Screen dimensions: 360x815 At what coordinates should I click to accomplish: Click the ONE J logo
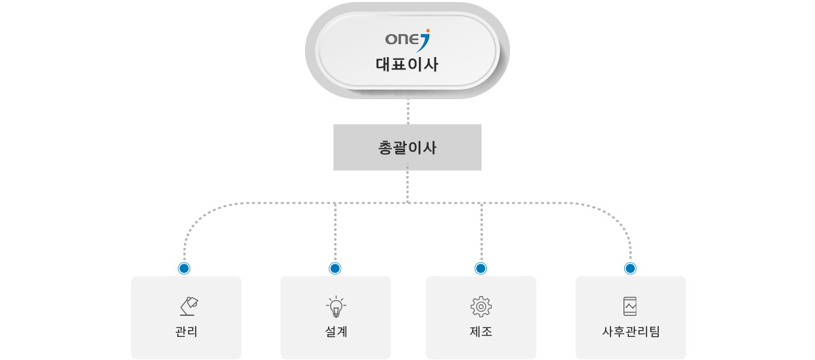click(407, 39)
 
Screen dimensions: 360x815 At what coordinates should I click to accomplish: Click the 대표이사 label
click(407, 65)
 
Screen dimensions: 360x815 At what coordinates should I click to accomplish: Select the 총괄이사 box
click(407, 147)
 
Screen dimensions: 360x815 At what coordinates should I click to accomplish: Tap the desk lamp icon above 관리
click(189, 306)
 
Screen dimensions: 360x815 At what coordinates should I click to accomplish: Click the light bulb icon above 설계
click(336, 307)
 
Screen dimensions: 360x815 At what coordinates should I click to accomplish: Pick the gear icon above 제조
click(481, 306)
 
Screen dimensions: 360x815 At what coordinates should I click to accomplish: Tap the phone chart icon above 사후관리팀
click(630, 306)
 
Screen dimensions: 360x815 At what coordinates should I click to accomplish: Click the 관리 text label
click(186, 332)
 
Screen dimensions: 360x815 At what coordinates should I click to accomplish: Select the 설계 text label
click(336, 332)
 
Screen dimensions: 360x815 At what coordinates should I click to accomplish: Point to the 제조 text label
click(481, 332)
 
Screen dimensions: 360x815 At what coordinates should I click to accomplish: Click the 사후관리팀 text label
click(631, 332)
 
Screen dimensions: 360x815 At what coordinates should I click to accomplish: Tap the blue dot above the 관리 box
click(184, 268)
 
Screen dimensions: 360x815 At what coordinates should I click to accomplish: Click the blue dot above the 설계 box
click(335, 268)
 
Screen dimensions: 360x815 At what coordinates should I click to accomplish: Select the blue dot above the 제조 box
click(481, 268)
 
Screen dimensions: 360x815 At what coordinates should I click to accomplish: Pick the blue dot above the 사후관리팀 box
click(630, 268)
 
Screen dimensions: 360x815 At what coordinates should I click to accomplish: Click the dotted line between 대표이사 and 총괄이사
click(407, 111)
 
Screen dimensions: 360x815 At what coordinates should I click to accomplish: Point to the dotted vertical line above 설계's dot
click(335, 231)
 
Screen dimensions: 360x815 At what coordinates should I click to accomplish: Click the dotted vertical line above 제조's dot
click(481, 231)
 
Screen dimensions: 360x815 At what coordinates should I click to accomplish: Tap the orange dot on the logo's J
click(427, 30)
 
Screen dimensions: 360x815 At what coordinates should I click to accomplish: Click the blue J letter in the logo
click(424, 42)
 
